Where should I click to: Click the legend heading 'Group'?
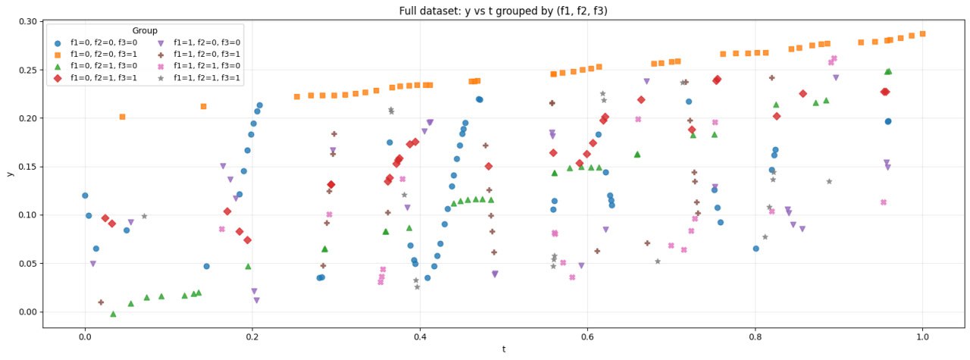[145, 31]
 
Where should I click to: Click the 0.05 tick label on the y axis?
[29, 264]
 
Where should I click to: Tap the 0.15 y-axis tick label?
[29, 167]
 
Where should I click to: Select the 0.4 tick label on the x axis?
[419, 337]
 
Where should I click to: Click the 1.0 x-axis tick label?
[922, 337]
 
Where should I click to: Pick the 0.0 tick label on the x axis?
[84, 337]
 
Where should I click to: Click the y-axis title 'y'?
[10, 174]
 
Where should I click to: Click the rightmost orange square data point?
[922, 33]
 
